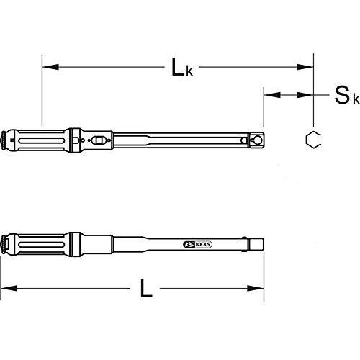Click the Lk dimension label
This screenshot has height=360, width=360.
coord(180,68)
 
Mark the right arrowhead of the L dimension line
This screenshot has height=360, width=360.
coord(260,292)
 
